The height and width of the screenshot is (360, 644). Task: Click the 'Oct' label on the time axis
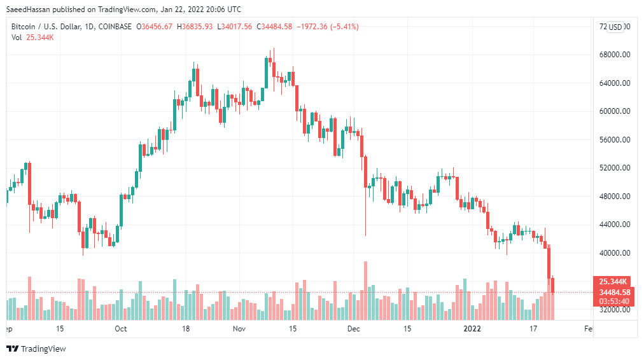click(121, 329)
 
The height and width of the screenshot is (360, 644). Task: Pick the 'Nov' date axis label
click(239, 329)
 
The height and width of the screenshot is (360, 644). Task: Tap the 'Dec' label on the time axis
click(354, 329)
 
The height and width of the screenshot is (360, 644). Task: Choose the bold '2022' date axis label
click(472, 329)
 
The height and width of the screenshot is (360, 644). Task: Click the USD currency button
click(615, 27)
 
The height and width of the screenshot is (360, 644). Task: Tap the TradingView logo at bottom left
click(36, 349)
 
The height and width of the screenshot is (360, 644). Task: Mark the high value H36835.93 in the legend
click(195, 27)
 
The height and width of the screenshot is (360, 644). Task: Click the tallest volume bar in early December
click(365, 290)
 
